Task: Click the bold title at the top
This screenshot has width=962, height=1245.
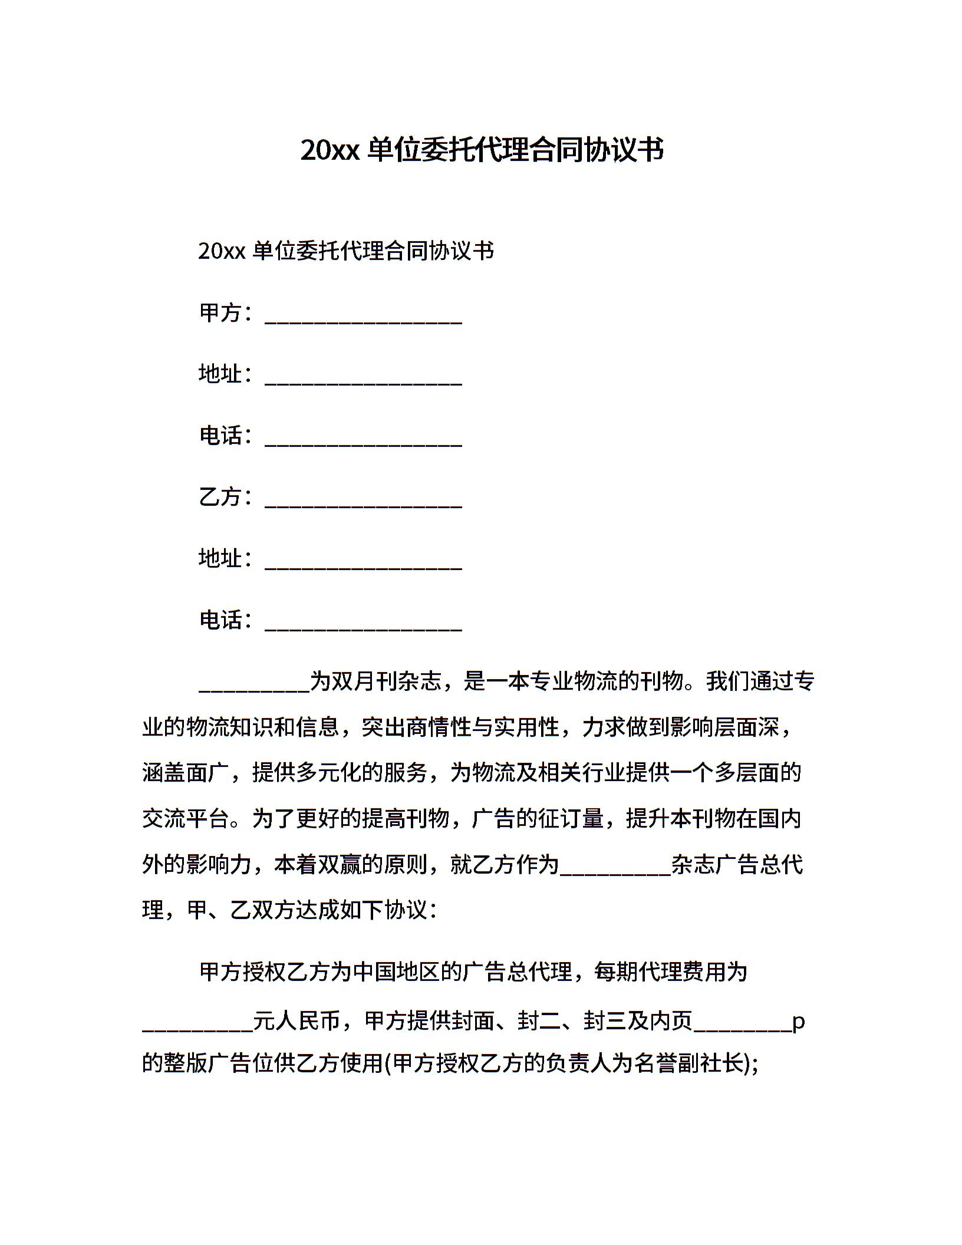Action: [482, 150]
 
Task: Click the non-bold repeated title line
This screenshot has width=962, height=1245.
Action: [346, 251]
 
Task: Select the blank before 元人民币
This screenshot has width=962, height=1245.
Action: [197, 1030]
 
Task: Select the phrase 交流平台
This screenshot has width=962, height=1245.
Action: [186, 819]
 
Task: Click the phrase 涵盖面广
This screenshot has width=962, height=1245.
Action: [186, 773]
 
